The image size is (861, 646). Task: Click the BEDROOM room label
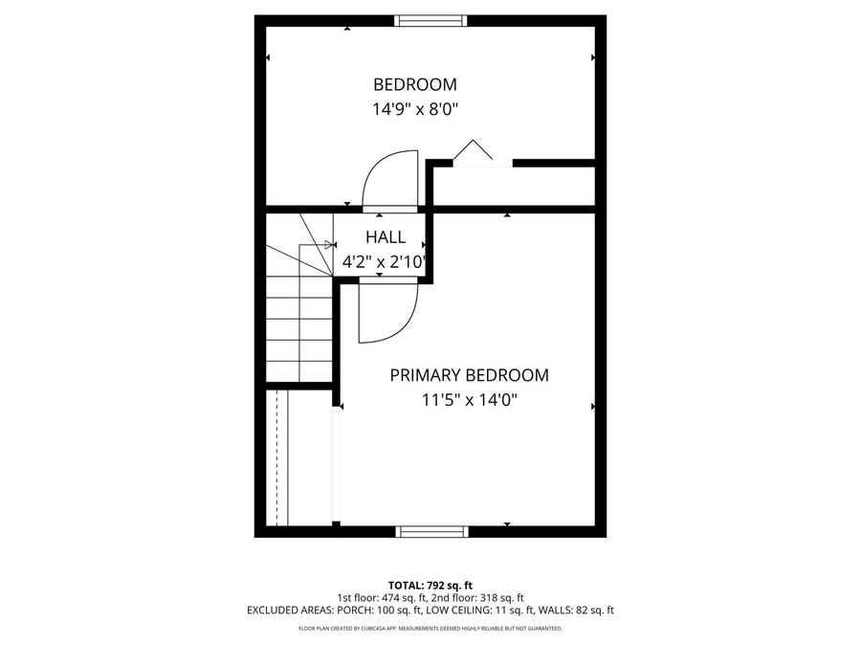pos(415,84)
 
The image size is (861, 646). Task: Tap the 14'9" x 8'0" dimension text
pos(415,109)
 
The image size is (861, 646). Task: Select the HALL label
pos(386,237)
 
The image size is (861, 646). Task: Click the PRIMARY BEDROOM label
pos(469,375)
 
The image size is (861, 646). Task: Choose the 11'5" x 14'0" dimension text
pos(469,401)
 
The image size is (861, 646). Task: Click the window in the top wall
pos(431,20)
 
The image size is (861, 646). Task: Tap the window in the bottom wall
pos(431,531)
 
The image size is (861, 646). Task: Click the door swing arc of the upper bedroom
pos(387,177)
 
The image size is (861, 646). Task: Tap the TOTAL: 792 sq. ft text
pos(430,585)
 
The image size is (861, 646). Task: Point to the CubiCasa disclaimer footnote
pos(430,629)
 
